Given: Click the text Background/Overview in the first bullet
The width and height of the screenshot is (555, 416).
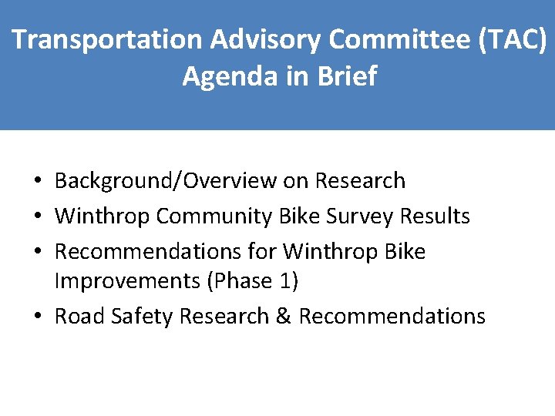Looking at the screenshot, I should pos(166,181).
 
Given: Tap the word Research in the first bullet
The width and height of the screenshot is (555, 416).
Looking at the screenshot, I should pos(362,181).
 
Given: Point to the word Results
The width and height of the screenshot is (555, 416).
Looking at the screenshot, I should pos(432,216).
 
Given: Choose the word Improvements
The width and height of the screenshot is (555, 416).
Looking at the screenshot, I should pos(126,281).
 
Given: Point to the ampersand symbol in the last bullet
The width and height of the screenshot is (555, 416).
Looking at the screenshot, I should pos(285,317).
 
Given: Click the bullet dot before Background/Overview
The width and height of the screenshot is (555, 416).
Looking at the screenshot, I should pos(38,182).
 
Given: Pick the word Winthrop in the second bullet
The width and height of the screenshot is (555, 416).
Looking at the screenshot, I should pos(103,216).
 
